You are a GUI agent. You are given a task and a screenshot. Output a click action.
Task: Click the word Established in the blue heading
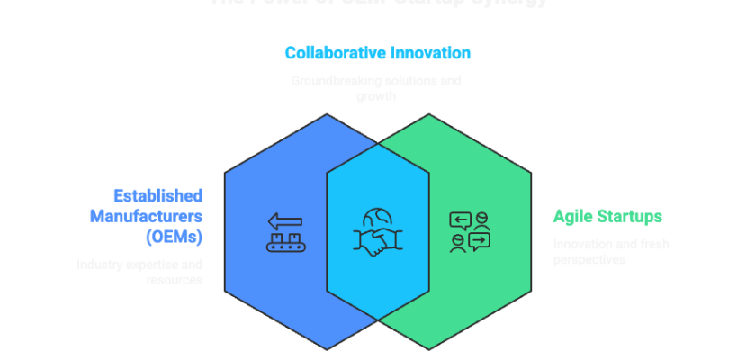coord(158,195)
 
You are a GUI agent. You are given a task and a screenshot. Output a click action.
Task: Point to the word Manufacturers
coord(146,216)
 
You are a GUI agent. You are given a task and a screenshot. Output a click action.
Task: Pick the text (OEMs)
coord(174,238)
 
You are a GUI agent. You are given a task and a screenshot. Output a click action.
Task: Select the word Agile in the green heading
coord(571,216)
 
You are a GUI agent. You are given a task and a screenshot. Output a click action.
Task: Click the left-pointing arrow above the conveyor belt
coord(285,221)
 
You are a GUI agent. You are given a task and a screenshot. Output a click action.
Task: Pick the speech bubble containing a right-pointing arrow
coord(479,240)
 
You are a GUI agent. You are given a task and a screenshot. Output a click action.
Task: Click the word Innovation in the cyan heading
coord(429,53)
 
